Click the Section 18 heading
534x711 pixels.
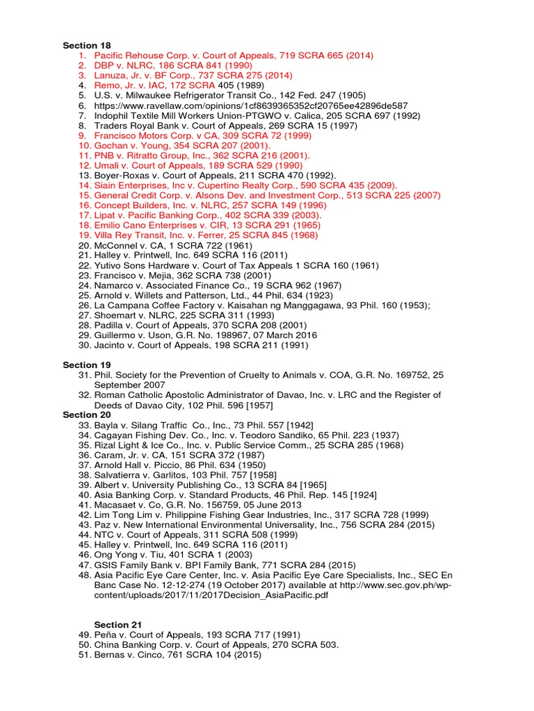(86, 45)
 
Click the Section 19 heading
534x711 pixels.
(86, 365)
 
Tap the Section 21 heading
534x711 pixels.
(118, 625)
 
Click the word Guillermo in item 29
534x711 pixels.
(117, 335)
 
